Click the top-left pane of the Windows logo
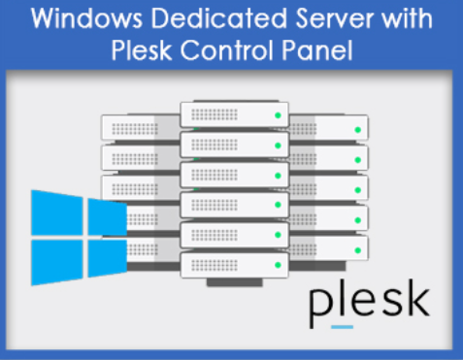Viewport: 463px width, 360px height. (57, 213)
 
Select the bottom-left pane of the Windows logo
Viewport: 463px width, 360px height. (57, 260)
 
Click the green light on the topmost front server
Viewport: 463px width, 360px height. (276, 115)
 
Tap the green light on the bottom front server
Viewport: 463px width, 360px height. (276, 262)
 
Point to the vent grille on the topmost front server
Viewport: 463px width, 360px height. (214, 115)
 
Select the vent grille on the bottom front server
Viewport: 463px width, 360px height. (214, 262)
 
